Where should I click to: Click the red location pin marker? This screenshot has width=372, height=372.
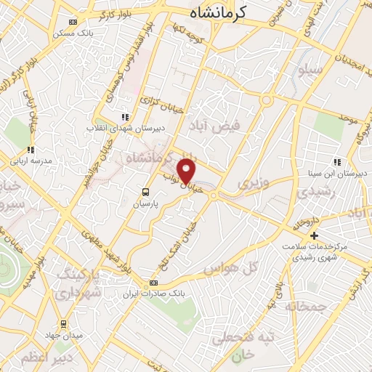188,171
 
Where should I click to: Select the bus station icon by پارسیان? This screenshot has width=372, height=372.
145,193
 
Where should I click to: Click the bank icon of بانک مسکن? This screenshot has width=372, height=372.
70,22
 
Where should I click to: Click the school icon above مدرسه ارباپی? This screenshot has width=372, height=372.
31,150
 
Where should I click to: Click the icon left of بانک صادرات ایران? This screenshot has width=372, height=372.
153,283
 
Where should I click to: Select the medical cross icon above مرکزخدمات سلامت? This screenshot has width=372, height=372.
314,235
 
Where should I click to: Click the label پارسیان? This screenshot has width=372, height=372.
147,205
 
